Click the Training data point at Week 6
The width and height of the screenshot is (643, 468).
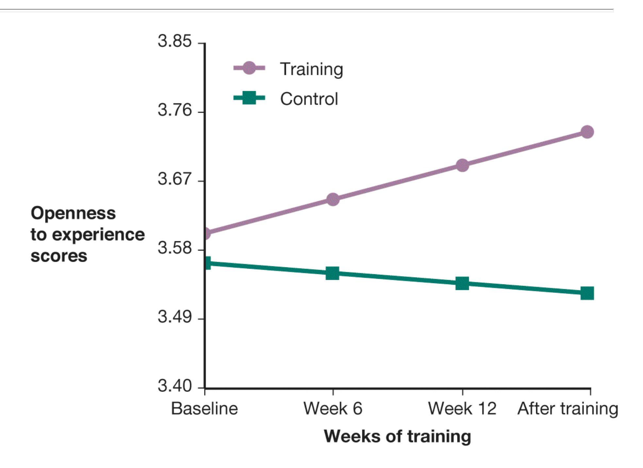[x=333, y=199]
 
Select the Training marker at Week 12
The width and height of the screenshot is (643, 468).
[x=462, y=165]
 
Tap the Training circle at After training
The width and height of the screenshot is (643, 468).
[x=587, y=132]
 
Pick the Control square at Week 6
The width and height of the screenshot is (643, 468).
[x=332, y=273]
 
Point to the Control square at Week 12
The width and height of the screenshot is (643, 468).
[x=462, y=283]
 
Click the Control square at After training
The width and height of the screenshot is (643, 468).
[x=587, y=293]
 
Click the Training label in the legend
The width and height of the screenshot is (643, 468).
[x=311, y=69]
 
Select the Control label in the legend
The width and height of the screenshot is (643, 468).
[x=309, y=99]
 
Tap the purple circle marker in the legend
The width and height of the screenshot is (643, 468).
[x=249, y=68]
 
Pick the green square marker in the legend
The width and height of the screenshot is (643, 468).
[x=249, y=98]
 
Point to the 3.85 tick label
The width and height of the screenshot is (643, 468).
[x=174, y=42]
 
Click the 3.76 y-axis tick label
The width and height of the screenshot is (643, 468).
[x=174, y=110]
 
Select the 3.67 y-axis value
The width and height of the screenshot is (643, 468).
[x=174, y=179]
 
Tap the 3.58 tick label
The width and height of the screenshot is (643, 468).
[x=174, y=248]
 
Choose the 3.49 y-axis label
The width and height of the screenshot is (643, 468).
[x=174, y=317]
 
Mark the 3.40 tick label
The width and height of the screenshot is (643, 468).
[x=174, y=386]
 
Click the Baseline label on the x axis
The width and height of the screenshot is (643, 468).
[x=205, y=409]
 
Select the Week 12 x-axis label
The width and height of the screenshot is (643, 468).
[x=462, y=409]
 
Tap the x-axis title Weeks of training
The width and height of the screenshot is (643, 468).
[x=397, y=436]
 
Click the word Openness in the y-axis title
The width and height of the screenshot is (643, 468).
[x=73, y=213]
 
